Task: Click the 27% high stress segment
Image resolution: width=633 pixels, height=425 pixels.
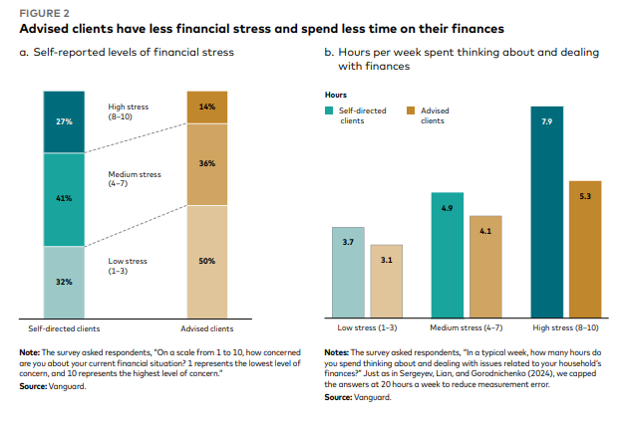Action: (63, 122)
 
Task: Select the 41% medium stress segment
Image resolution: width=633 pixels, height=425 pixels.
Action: (63, 199)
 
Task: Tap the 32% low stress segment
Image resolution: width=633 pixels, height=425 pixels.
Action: (63, 281)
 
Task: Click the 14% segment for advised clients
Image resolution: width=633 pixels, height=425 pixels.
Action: (207, 106)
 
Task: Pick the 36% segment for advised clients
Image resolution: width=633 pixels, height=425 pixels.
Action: (207, 164)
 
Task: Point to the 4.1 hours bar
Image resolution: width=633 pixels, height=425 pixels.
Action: (485, 266)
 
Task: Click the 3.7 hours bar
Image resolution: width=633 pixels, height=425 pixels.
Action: (348, 272)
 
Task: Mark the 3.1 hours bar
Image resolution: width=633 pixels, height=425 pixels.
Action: (386, 281)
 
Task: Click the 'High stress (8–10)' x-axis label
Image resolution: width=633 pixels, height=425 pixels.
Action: (566, 327)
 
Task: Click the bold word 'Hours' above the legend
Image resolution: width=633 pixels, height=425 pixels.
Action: (336, 95)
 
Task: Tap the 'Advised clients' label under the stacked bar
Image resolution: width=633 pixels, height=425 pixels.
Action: (207, 327)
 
